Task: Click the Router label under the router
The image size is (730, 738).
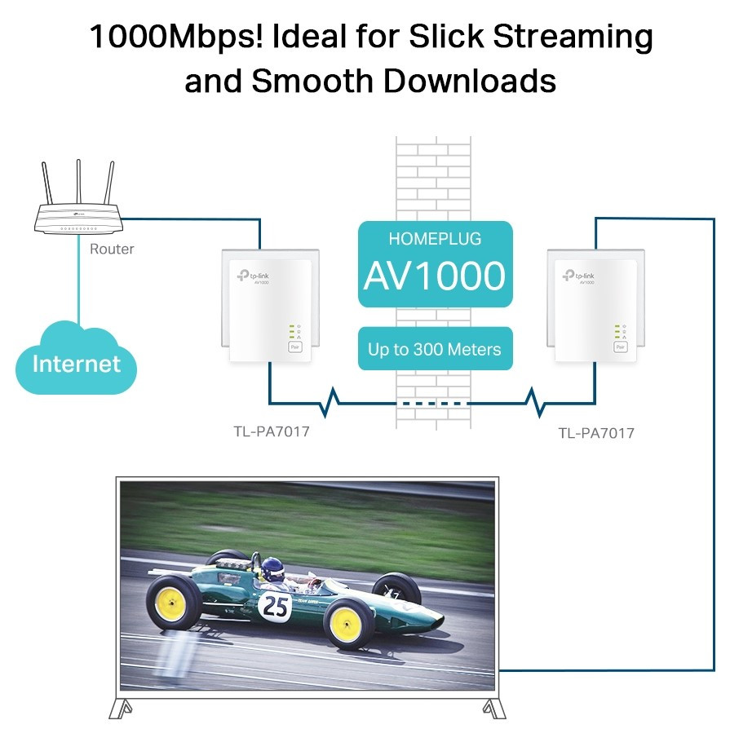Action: tap(112, 249)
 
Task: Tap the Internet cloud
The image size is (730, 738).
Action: tap(76, 364)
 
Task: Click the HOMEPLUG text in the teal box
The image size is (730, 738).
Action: tap(435, 239)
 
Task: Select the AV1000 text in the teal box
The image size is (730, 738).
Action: tap(435, 277)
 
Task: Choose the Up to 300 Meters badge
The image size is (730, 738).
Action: tap(435, 350)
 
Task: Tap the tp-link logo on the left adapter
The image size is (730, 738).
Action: tap(254, 276)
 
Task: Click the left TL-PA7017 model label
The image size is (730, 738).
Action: tap(272, 431)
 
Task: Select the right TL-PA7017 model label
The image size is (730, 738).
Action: tap(596, 433)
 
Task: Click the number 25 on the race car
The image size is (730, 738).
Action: tap(274, 605)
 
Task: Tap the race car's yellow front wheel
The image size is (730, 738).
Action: tap(348, 624)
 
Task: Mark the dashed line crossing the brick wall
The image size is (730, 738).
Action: tap(433, 403)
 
